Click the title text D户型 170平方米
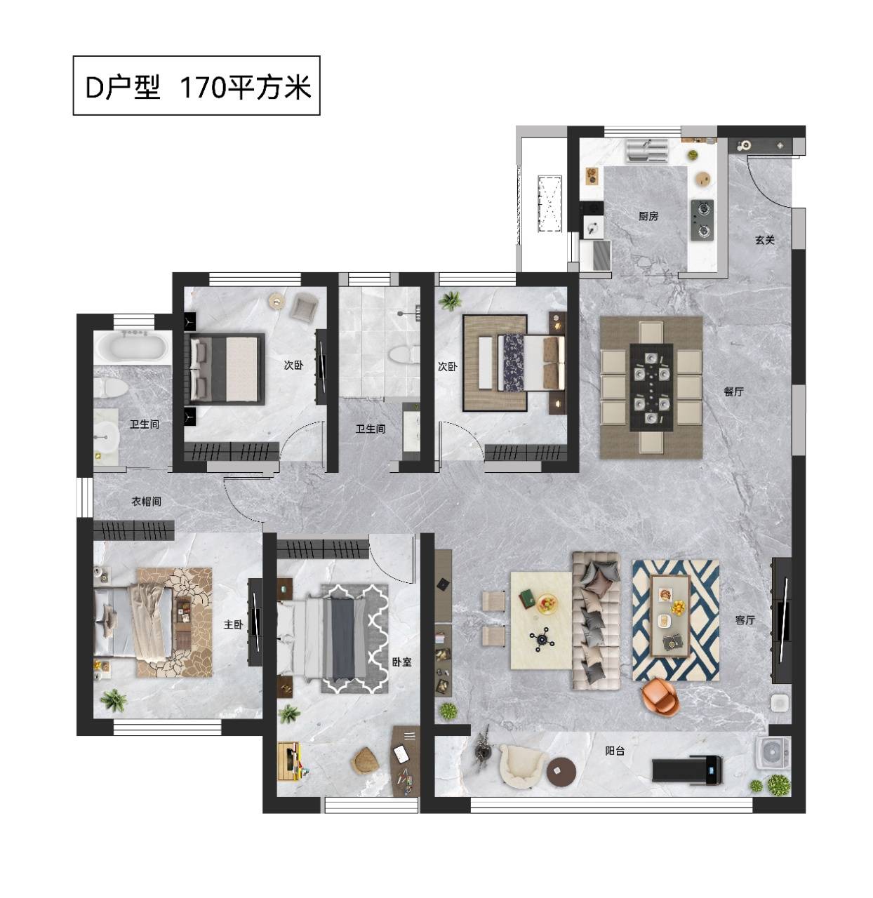[x=196, y=87]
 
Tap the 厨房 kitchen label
[x=648, y=216]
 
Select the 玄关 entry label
[x=765, y=240]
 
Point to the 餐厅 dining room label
[x=733, y=391]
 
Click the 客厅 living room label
[x=745, y=620]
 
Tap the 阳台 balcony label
[x=615, y=751]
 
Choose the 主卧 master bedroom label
[x=233, y=624]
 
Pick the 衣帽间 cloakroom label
[x=147, y=502]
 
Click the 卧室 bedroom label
[x=401, y=662]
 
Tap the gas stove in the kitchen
[x=702, y=220]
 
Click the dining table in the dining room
[x=651, y=387]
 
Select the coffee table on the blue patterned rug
[x=669, y=615]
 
